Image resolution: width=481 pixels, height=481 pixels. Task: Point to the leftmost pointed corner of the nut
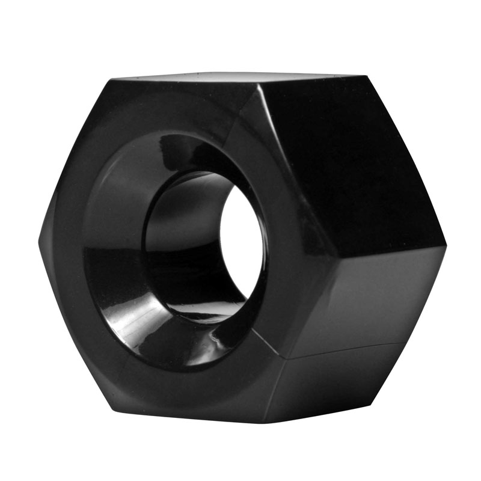pyautogui.click(x=40, y=244)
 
